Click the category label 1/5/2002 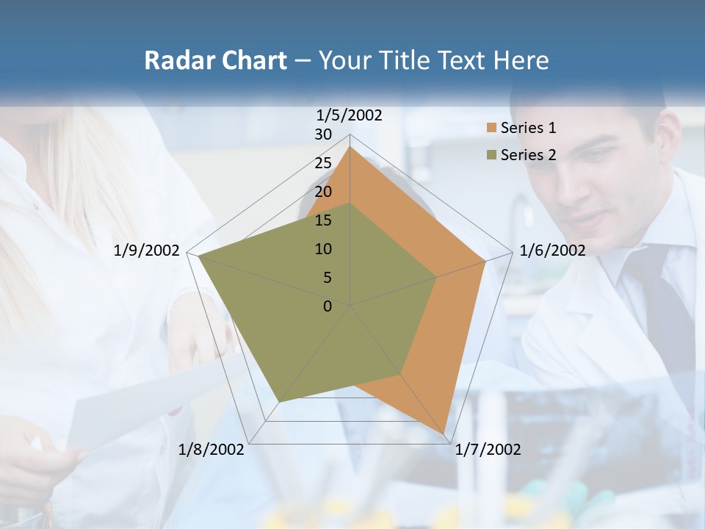coord(350,115)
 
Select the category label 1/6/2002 coord(552,251)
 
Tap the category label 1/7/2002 coord(488,450)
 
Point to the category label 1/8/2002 coord(211,450)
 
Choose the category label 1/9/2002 coord(147,251)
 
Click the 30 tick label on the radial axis coord(323,134)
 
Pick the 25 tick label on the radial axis coord(323,163)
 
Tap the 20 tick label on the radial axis coord(323,192)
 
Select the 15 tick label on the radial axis coord(323,220)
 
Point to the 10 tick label coord(323,249)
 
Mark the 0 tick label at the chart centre coord(328,306)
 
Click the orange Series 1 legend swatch coord(491,128)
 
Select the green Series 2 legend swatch coord(491,155)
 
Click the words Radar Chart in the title coord(215,60)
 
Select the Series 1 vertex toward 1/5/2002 coord(350,147)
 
